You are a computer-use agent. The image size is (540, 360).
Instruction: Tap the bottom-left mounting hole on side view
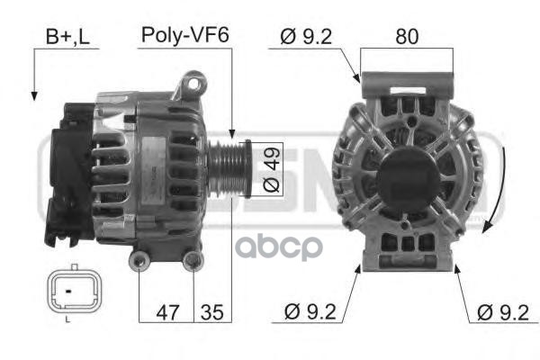pos(139,261)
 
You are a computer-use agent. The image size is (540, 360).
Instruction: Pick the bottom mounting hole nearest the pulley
pos(193,261)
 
